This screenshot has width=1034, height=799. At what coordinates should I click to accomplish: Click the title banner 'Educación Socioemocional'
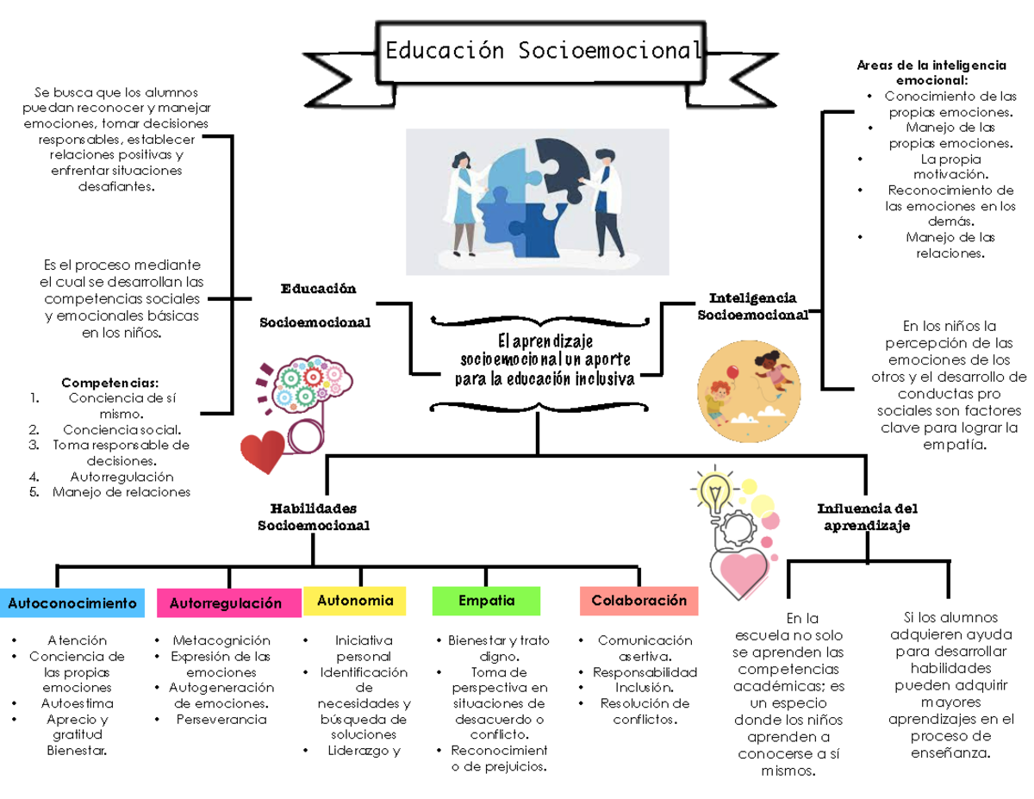tap(542, 51)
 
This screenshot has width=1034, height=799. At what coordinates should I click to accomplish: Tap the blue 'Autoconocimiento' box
tap(72, 603)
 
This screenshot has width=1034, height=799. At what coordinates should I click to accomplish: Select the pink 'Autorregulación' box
tap(227, 603)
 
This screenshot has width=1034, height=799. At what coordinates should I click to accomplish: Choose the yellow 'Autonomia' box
tap(354, 601)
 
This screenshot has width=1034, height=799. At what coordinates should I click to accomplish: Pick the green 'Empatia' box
tap(486, 601)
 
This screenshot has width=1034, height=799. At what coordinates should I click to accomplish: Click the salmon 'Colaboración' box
tap(638, 601)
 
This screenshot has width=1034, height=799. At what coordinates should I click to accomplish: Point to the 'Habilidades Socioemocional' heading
tap(314, 516)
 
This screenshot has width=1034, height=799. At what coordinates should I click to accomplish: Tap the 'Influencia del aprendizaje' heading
tap(867, 516)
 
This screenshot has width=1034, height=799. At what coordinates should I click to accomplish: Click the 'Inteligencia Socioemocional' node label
tap(752, 306)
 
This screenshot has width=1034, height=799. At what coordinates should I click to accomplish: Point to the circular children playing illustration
tap(748, 385)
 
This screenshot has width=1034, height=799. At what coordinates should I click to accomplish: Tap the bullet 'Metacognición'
tap(221, 640)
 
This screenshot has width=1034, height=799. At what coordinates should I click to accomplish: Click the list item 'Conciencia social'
tap(121, 429)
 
